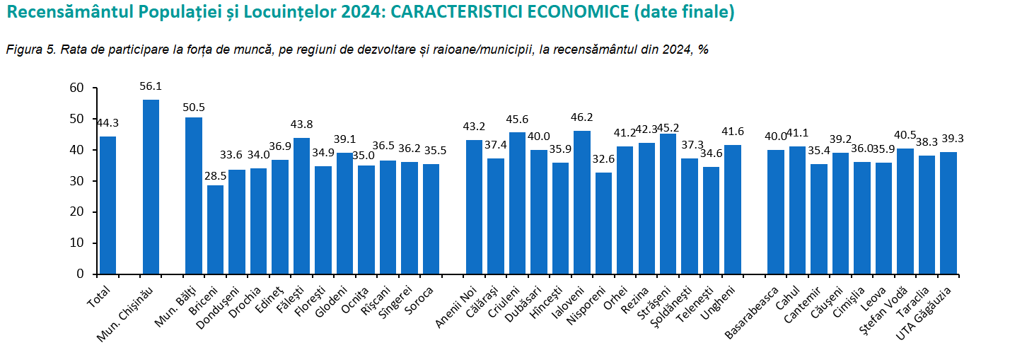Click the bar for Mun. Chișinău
click(x=151, y=187)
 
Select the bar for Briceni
click(x=216, y=229)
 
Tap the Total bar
click(x=108, y=205)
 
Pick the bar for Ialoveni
click(x=582, y=202)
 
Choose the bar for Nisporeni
click(x=603, y=223)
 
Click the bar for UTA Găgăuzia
click(x=948, y=213)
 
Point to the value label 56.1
click(x=151, y=86)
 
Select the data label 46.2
click(x=582, y=117)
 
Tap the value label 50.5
click(x=194, y=108)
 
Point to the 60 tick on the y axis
click(x=76, y=88)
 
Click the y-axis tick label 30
click(x=76, y=181)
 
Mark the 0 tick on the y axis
click(x=80, y=274)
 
